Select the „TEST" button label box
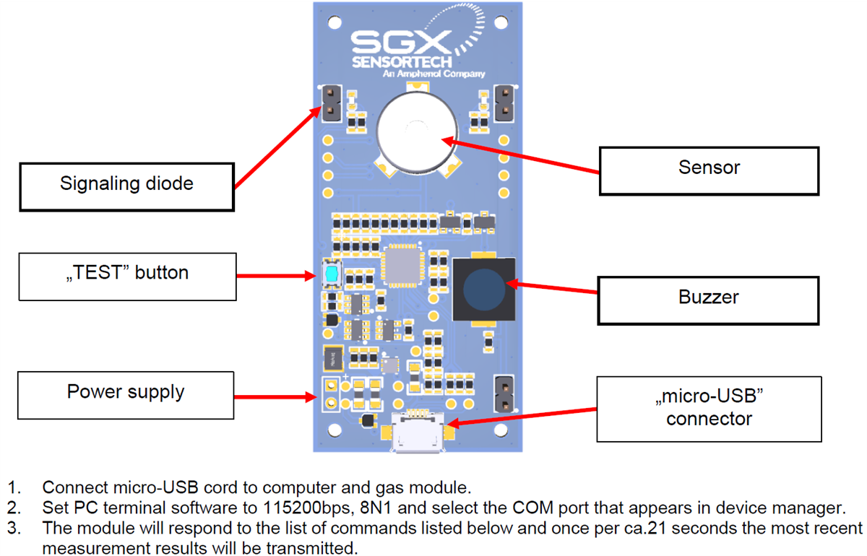tap(126, 276)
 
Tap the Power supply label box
tap(126, 395)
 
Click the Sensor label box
tap(709, 170)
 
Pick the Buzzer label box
tap(708, 300)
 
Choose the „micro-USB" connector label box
tap(709, 409)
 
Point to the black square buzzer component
tap(483, 288)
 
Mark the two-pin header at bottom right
tap(504, 394)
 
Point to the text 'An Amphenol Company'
tap(444, 74)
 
